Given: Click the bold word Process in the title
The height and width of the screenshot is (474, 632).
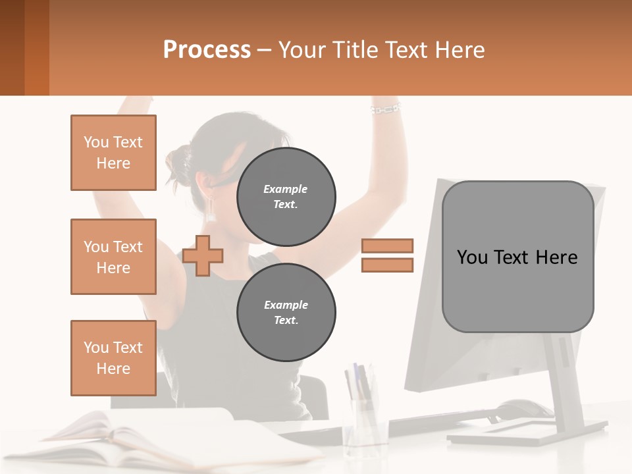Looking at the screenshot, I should [207, 49].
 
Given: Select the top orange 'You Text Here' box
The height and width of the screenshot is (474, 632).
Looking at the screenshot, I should [113, 153].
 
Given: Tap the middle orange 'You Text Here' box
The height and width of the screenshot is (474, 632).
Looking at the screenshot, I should [113, 257].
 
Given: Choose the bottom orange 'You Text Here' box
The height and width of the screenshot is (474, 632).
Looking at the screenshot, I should [113, 357].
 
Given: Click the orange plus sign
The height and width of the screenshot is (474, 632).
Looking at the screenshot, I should [203, 255].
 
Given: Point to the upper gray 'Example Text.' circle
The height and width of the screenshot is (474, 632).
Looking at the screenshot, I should [286, 197].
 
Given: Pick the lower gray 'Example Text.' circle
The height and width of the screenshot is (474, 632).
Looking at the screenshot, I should [286, 313].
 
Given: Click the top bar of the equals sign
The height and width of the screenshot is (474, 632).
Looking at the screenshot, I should [387, 246].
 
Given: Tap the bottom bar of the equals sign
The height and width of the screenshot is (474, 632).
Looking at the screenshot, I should [387, 265].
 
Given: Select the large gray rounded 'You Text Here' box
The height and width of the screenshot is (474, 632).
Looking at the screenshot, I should [517, 257].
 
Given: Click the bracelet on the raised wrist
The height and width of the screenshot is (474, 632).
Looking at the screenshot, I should [385, 109].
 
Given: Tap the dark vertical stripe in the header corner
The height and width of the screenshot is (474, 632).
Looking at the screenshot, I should [12, 47].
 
